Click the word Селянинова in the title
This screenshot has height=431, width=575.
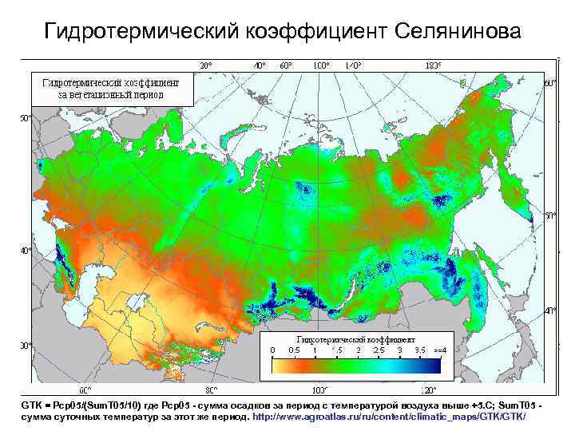coord(457,31)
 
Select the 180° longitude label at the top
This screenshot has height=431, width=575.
coord(434,65)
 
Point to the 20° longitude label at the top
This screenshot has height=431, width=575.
coord(205,65)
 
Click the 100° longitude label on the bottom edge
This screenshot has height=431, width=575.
coord(319,390)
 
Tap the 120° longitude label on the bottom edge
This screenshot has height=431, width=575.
coord(429,390)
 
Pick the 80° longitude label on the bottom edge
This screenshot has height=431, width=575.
coord(212,390)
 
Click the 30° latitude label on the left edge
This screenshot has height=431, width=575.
coord(25,346)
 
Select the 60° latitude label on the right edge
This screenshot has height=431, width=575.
coord(549,83)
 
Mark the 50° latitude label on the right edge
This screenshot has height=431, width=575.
coord(549,215)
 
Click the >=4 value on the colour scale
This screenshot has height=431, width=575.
coord(438,350)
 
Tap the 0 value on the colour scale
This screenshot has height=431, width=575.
coord(272,350)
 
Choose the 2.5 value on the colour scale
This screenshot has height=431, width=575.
coord(378,350)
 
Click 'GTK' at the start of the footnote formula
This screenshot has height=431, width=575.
coord(30,406)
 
